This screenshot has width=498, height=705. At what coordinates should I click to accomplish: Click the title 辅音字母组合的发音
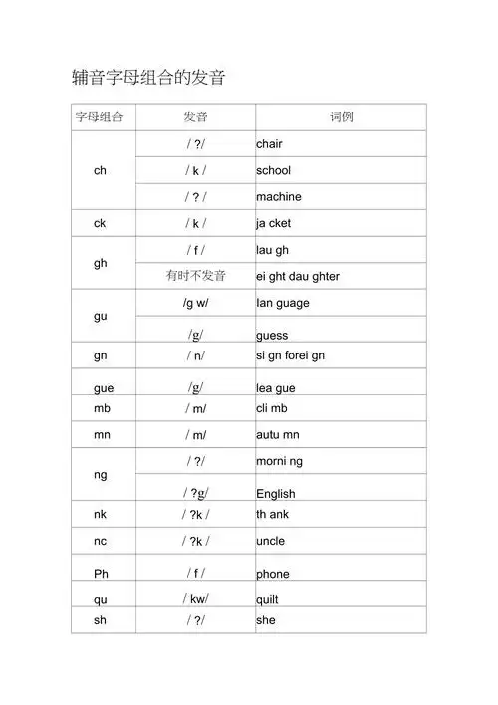pyautogui.click(x=148, y=77)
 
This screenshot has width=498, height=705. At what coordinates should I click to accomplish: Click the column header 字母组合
pyautogui.click(x=100, y=117)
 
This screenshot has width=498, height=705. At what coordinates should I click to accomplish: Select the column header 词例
pyautogui.click(x=341, y=117)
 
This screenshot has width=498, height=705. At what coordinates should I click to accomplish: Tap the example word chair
pyautogui.click(x=269, y=144)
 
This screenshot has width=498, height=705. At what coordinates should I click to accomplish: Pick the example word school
pyautogui.click(x=273, y=170)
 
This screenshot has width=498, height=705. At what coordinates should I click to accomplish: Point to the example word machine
pyautogui.click(x=278, y=197)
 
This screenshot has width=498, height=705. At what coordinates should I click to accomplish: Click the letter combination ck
pyautogui.click(x=100, y=223)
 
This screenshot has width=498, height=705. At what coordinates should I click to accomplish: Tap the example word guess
pyautogui.click(x=272, y=336)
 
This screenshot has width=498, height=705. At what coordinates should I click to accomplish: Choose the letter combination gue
pyautogui.click(x=103, y=388)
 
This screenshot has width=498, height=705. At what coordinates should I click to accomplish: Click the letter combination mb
pyautogui.click(x=101, y=408)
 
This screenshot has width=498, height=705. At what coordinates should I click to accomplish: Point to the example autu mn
pyautogui.click(x=278, y=435)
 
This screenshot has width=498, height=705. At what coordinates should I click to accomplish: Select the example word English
pyautogui.click(x=276, y=494)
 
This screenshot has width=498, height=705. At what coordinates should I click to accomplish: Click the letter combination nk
pyautogui.click(x=100, y=514)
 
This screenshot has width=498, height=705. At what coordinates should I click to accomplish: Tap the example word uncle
pyautogui.click(x=270, y=541)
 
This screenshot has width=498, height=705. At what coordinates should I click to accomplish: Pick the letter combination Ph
pyautogui.click(x=101, y=574)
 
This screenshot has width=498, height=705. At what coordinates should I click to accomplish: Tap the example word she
pyautogui.click(x=265, y=620)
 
